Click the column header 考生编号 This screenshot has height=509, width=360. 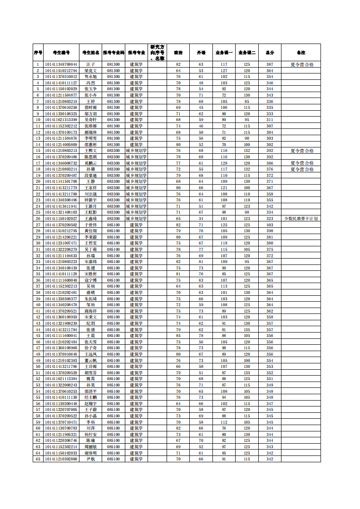[61, 53]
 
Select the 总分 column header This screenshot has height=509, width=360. [270, 53]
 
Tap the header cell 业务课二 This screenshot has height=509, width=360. [247, 53]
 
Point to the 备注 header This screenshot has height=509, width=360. [301, 53]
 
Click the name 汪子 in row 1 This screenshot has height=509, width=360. [91, 64]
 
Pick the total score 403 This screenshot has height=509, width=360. [270, 225]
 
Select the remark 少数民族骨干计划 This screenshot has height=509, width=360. [301, 219]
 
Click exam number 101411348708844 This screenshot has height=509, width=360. [61, 64]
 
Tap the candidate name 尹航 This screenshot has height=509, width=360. [91, 459]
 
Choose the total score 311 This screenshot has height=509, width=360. [270, 120]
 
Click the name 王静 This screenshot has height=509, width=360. [91, 181]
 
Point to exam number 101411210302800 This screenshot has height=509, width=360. [61, 459]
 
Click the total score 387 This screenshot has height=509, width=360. [270, 64]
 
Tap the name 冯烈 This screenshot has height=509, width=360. [91, 83]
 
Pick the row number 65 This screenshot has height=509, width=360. [38, 459]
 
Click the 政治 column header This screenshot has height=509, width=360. [178, 53]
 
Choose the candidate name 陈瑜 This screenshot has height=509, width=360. [91, 440]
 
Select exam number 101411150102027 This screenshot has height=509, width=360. [61, 219]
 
